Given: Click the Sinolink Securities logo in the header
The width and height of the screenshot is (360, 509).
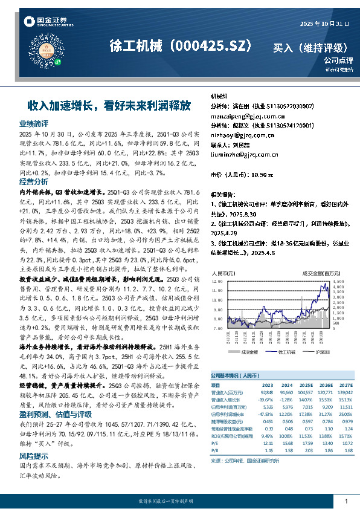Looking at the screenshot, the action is click(45, 22).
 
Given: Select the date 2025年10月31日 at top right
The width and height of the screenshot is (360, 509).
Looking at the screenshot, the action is click(325, 24).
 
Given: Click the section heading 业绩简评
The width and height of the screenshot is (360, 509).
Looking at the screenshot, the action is click(34, 123).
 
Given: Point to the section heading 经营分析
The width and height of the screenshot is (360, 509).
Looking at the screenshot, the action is click(34, 181).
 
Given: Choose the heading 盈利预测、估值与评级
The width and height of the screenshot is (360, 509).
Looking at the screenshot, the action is click(53, 397).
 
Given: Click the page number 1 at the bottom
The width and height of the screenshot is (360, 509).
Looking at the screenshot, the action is click(346, 501).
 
